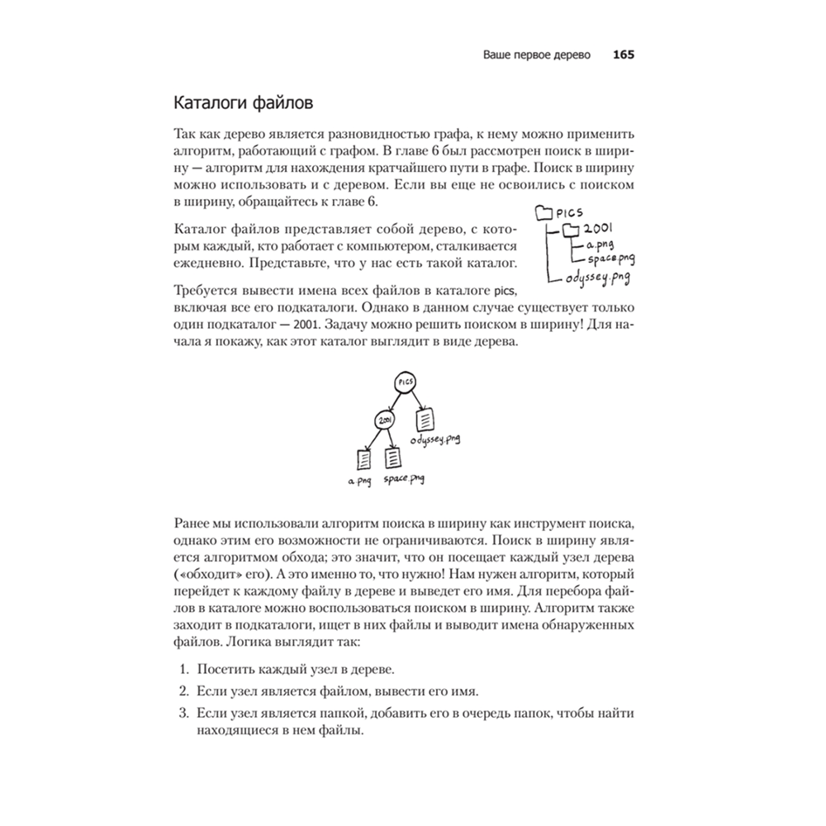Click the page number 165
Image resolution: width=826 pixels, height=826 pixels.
coord(622,56)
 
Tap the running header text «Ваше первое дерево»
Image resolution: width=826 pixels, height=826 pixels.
coord(537,56)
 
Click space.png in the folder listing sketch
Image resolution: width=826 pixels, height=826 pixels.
coord(611,260)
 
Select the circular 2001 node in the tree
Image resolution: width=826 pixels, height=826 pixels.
coord(384,420)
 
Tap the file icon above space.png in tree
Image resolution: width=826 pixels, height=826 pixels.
coord(394,457)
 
